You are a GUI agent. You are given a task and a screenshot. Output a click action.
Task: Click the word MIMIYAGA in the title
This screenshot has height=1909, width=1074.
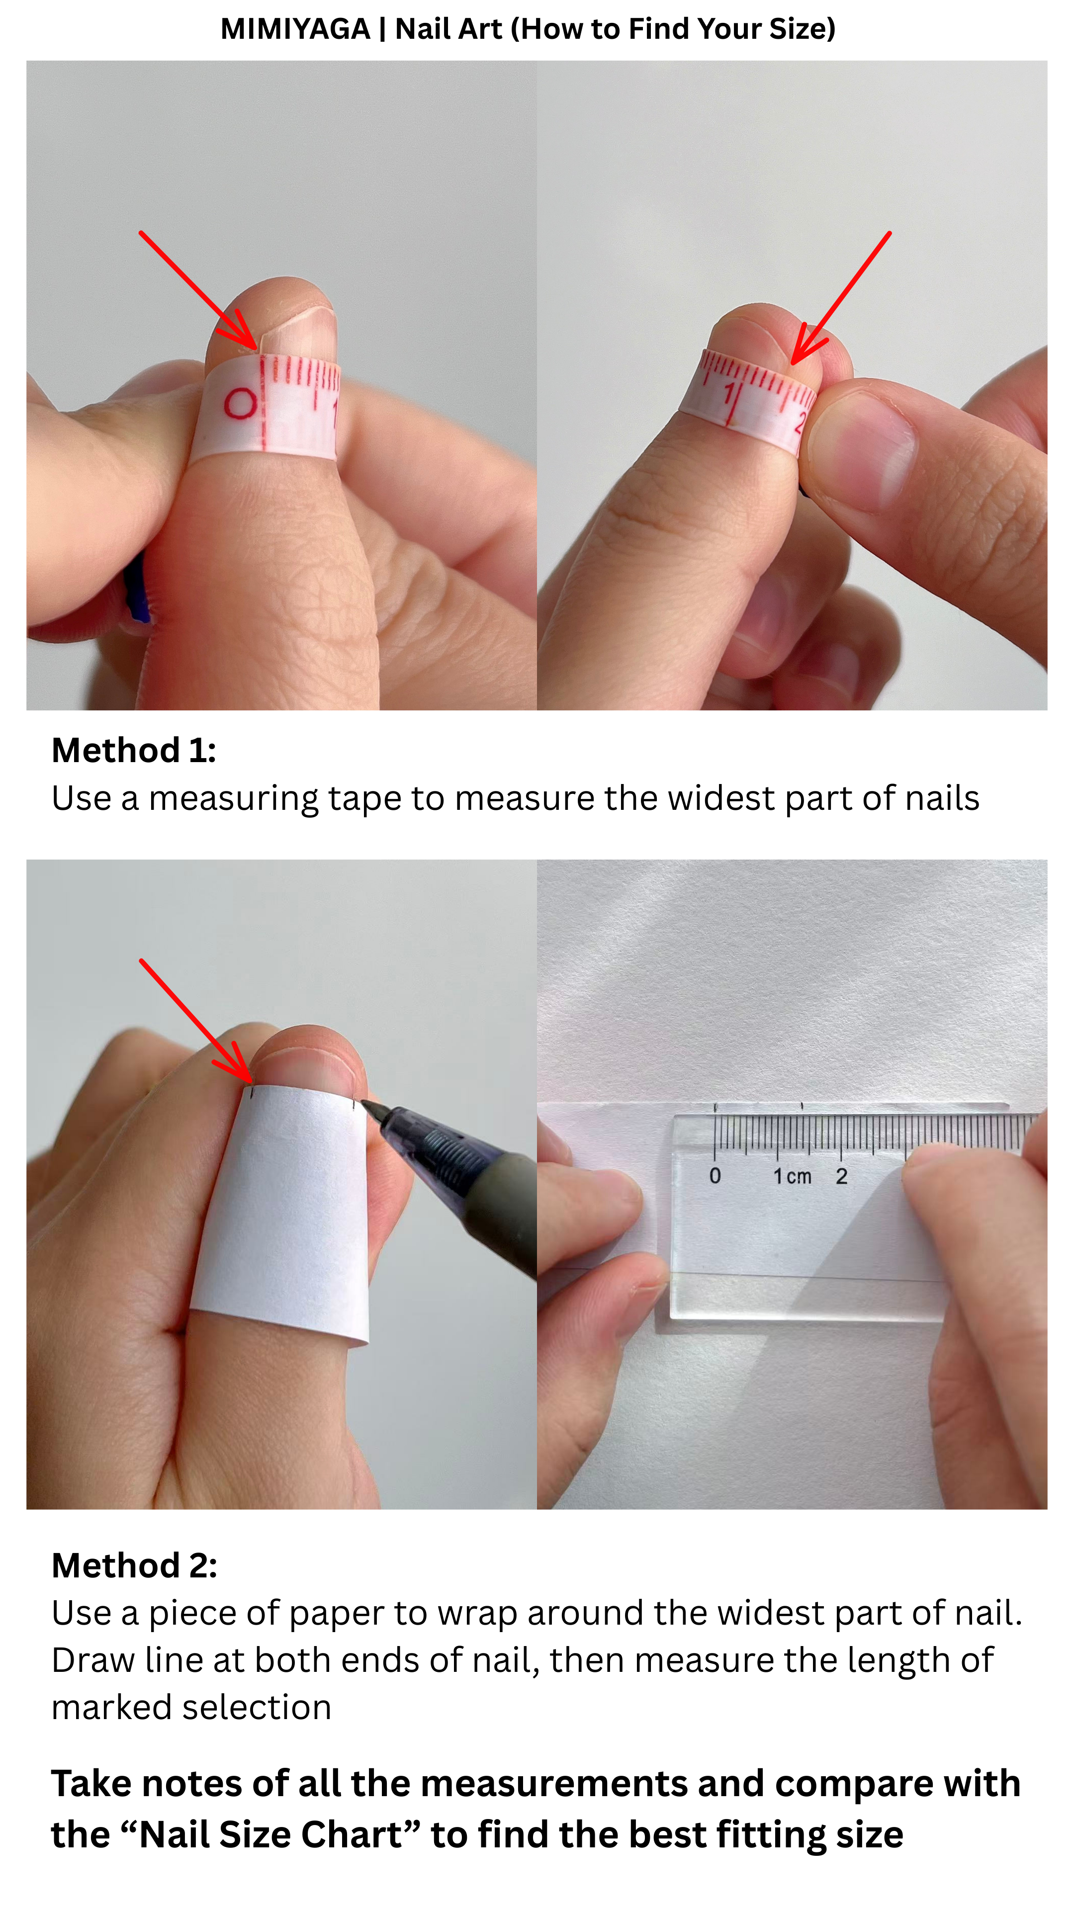295,29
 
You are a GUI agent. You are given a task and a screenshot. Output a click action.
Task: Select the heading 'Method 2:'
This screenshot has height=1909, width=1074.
135,1565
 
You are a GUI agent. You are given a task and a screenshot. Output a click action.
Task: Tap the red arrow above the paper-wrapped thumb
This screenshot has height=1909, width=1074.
196,1021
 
